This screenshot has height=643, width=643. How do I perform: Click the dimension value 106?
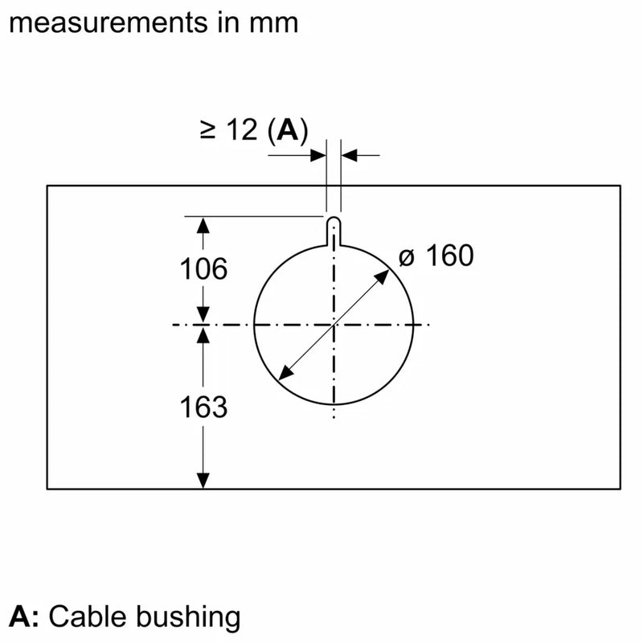203,269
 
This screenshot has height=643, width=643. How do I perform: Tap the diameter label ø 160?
436,256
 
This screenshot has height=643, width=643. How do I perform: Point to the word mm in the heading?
273,22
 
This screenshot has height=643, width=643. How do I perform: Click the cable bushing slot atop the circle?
334,229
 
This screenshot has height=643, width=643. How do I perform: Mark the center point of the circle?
334,325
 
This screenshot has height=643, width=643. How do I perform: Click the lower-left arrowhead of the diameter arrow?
282,375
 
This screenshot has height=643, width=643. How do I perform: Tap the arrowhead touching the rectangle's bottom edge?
203,480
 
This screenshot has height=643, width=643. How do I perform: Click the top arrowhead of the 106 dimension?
203,224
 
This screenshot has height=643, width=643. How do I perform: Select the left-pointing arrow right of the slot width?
348,154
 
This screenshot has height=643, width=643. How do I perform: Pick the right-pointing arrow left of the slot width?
319,154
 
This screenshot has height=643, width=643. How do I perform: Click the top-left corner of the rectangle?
47,186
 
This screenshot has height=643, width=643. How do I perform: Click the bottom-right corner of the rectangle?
620,488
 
